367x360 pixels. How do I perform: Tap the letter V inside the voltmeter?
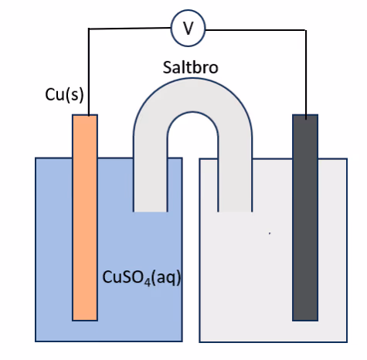[x=189, y=28]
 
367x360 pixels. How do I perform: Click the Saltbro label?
[x=191, y=67]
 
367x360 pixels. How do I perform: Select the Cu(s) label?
[x=64, y=95]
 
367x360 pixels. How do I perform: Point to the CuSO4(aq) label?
[x=141, y=278]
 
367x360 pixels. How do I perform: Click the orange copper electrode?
[x=85, y=218]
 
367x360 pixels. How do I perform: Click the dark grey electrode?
[x=305, y=218]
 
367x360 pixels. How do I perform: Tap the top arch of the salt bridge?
[x=192, y=95]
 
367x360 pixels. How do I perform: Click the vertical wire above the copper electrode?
[x=89, y=72]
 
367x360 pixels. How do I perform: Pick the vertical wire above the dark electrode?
[x=306, y=75]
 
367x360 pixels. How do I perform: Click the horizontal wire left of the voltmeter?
[x=130, y=28]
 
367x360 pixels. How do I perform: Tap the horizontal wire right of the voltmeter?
[x=256, y=30]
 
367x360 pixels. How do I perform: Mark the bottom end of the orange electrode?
[x=85, y=321]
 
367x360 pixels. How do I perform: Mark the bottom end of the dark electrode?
[x=305, y=321]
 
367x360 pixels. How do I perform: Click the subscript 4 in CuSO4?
[x=147, y=283]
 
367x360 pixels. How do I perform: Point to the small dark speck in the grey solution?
[x=270, y=233]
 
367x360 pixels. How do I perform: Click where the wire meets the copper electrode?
[x=89, y=115]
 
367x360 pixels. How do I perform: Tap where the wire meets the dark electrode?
[x=306, y=119]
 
